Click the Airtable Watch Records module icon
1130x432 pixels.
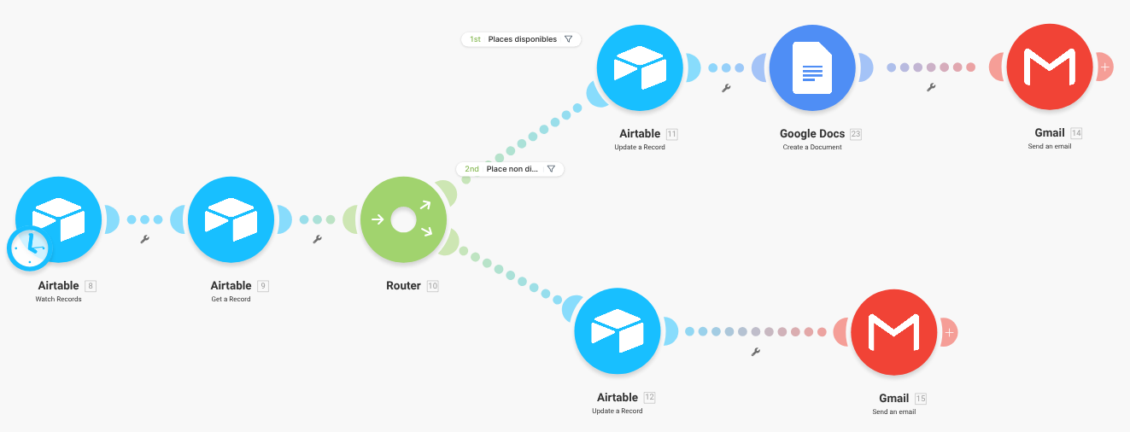point(60,219)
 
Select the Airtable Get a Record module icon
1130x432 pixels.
point(231,219)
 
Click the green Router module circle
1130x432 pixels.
point(403,219)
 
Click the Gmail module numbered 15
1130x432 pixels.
point(894,332)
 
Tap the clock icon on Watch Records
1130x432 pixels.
point(28,248)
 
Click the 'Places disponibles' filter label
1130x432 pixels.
point(522,39)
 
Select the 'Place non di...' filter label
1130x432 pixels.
point(511,169)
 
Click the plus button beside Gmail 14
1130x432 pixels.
point(1105,67)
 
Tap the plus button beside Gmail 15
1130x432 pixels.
point(950,332)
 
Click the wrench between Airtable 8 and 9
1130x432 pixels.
point(145,240)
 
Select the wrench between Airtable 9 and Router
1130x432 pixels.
point(318,240)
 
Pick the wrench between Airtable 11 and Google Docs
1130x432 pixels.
point(726,88)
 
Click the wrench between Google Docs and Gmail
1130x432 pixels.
point(931,87)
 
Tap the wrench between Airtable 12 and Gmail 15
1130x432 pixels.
point(756,352)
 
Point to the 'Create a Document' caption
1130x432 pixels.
point(812,147)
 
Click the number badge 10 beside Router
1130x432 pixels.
point(432,286)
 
